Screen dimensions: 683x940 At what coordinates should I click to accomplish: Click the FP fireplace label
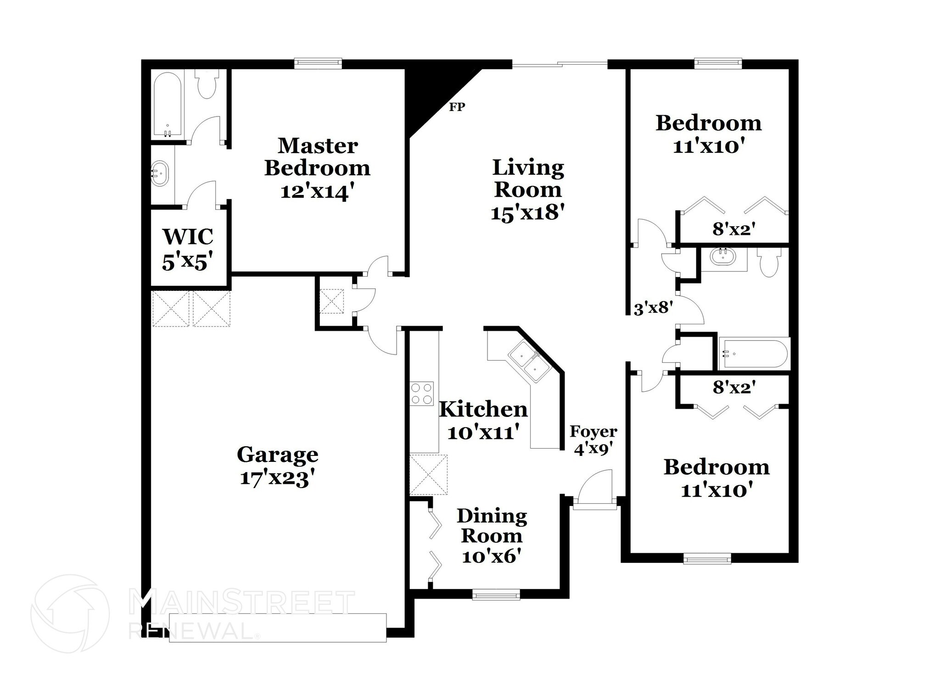(457, 107)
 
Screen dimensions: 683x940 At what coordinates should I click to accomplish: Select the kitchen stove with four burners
(422, 394)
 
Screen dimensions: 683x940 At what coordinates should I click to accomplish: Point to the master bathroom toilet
(206, 85)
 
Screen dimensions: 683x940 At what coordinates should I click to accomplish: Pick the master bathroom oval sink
(161, 173)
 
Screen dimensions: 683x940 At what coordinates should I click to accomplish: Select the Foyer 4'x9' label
(593, 440)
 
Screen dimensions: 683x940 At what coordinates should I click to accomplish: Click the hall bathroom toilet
(769, 263)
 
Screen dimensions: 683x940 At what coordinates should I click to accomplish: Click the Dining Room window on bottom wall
(496, 596)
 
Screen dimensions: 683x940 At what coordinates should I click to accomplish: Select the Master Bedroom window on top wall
(318, 63)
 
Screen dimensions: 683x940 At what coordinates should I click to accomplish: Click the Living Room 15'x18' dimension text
(527, 212)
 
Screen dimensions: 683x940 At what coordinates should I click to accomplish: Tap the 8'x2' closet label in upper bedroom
(734, 229)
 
